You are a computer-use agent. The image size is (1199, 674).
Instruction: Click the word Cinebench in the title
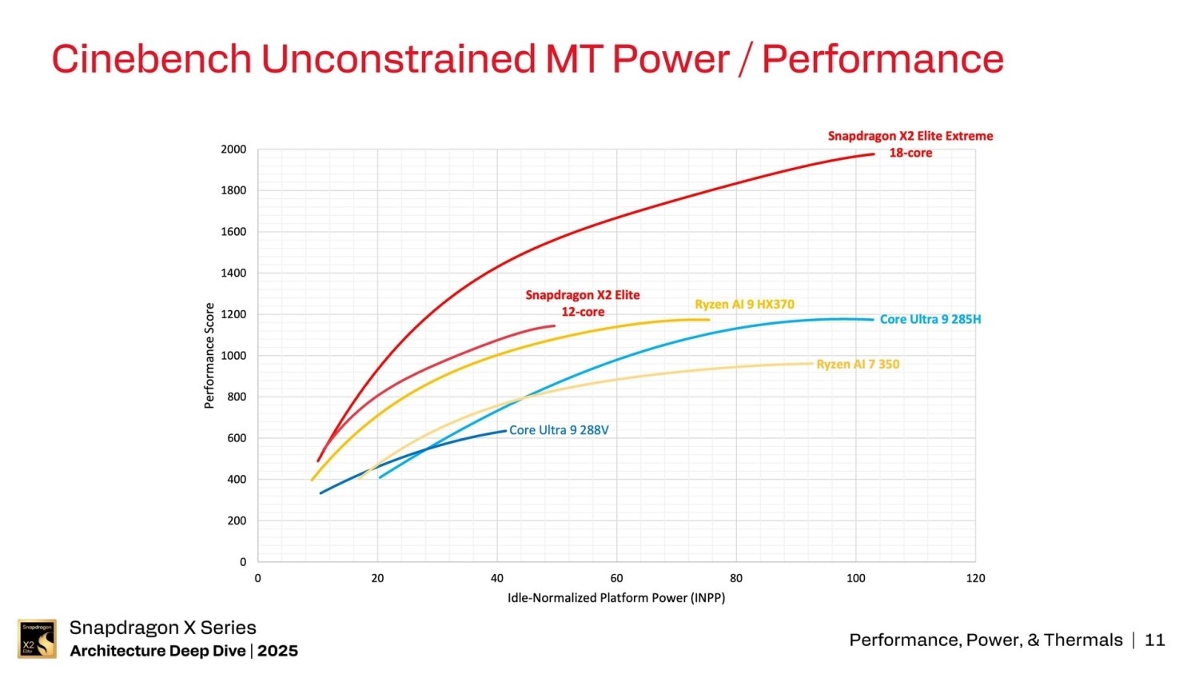click(152, 59)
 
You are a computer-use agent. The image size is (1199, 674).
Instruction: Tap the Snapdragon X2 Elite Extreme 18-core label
click(910, 144)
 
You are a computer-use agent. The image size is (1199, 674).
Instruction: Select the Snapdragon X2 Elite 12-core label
click(583, 303)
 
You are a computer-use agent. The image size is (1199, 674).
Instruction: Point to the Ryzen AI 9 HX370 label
click(744, 305)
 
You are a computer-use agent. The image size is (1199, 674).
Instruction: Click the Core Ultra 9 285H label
click(930, 319)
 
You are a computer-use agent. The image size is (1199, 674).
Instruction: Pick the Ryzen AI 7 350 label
click(858, 365)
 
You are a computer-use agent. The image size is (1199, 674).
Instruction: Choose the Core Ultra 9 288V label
click(559, 430)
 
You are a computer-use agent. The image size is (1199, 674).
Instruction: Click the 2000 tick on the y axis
click(233, 150)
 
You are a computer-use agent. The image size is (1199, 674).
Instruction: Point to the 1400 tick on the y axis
click(233, 273)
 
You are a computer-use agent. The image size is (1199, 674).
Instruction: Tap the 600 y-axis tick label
click(236, 438)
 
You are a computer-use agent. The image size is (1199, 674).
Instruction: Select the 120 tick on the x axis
click(975, 578)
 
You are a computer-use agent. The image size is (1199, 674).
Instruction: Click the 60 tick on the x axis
click(616, 578)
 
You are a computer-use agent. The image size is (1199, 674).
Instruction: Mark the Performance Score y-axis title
click(209, 356)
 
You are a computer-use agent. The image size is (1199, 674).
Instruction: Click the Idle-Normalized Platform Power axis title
click(616, 598)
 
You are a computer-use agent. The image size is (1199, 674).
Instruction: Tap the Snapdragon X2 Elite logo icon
click(37, 639)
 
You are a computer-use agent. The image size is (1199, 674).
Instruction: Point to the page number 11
click(1155, 640)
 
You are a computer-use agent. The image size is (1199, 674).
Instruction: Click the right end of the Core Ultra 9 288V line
click(505, 431)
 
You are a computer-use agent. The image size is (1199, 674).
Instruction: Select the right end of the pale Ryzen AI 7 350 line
click(811, 364)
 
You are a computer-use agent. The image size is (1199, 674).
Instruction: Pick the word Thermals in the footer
click(1083, 640)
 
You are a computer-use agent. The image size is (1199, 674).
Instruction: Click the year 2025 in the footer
click(277, 651)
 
